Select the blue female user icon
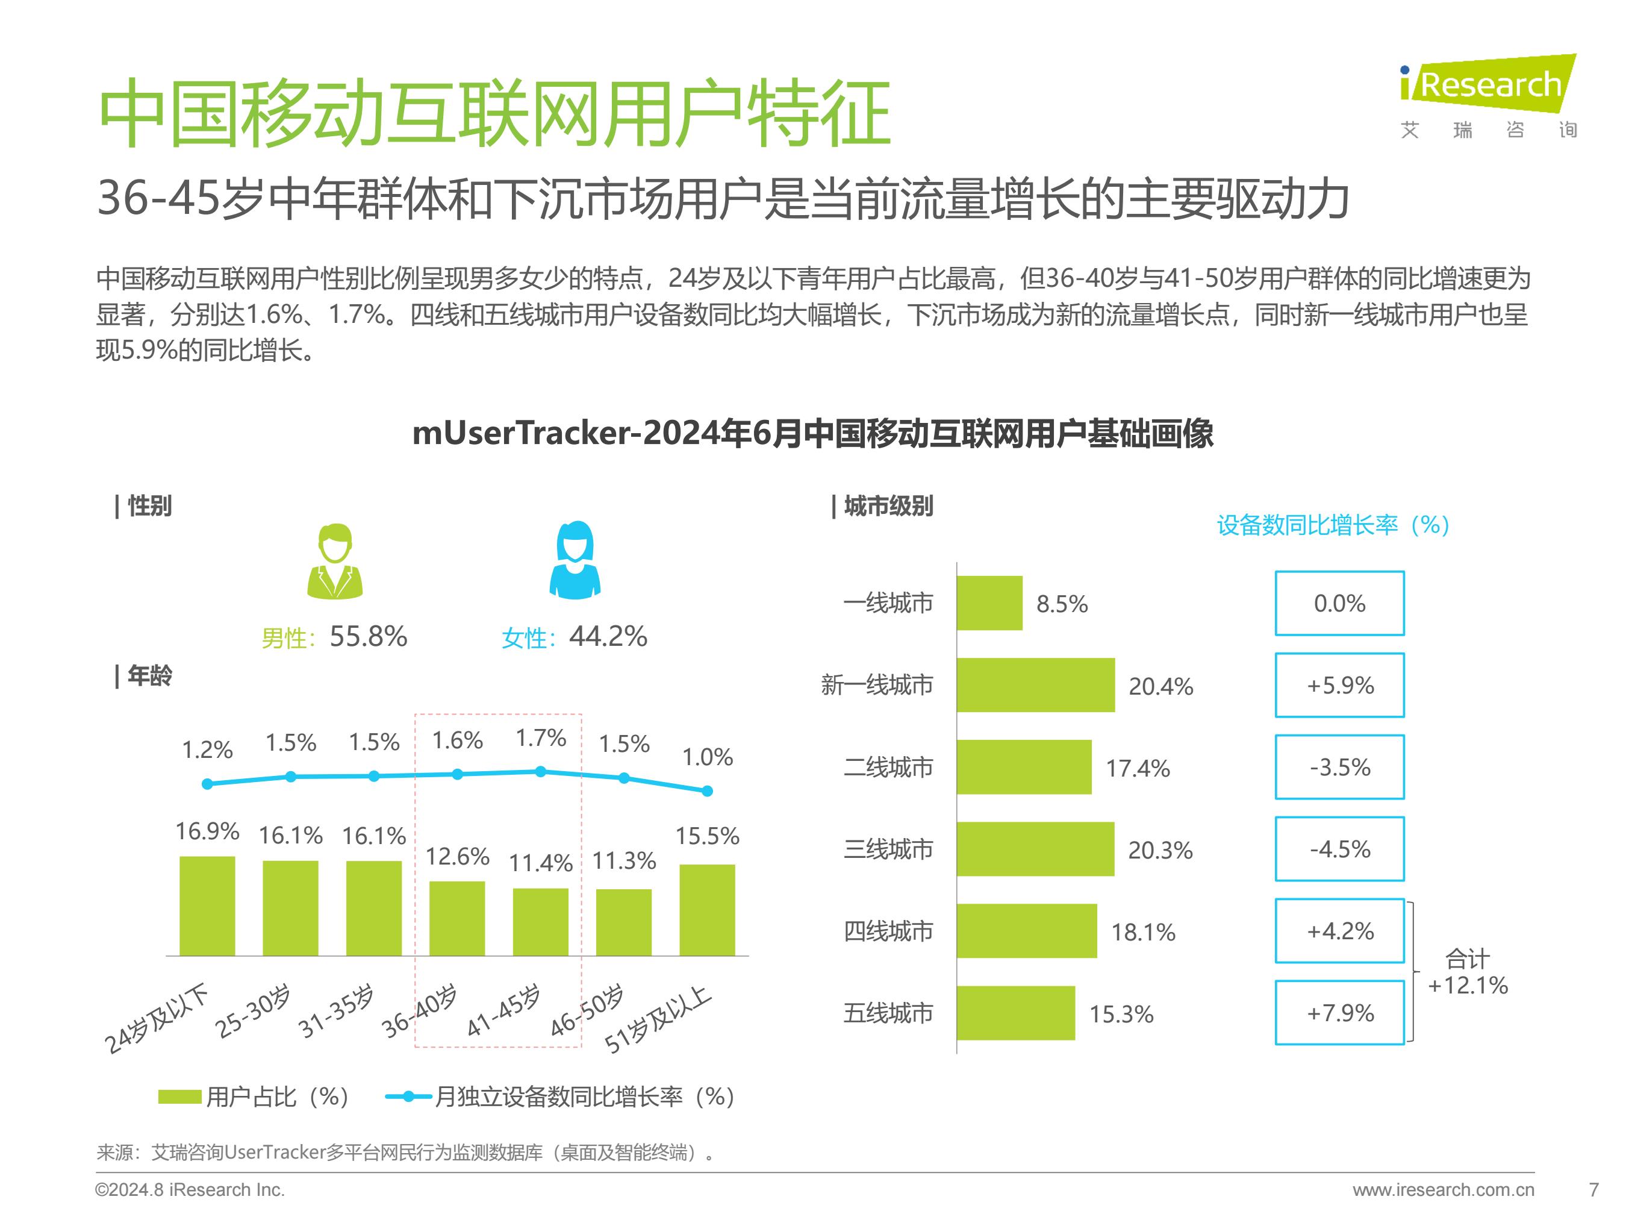click(x=575, y=560)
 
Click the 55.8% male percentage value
click(x=367, y=637)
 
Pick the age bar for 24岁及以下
click(x=207, y=906)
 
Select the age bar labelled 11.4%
click(x=540, y=922)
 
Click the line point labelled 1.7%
click(x=540, y=771)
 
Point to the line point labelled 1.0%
click(x=707, y=791)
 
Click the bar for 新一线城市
click(x=1035, y=686)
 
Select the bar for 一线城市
click(x=989, y=603)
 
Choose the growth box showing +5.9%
click(x=1339, y=686)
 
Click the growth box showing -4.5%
click(x=1339, y=849)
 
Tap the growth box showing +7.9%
click(x=1339, y=1013)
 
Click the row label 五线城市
click(x=888, y=1013)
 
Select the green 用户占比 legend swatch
click(x=179, y=1097)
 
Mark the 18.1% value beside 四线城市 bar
click(x=1143, y=933)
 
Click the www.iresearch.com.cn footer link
click(x=1443, y=1190)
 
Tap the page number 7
click(x=1593, y=1190)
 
